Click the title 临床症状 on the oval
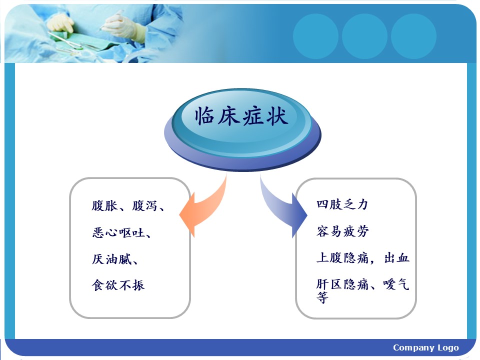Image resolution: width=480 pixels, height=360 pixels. coord(241,116)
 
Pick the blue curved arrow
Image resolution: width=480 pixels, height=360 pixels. coord(281,208)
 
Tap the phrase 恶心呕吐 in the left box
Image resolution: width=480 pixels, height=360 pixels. coord(118,232)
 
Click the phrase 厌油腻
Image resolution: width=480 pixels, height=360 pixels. coord(111,259)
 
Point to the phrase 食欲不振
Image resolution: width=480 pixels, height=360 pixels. coord(118,285)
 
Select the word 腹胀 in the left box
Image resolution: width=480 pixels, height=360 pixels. coord(104,205)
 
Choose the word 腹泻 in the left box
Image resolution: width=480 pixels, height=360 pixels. coord(145,205)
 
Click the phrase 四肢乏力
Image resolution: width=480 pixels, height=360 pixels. coord(342,204)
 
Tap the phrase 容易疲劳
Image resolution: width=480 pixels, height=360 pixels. coord(342,231)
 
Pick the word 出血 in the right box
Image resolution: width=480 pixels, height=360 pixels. coord(396,258)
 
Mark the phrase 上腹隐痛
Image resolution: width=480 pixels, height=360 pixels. coord(342,258)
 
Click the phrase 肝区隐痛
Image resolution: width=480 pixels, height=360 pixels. coord(342,284)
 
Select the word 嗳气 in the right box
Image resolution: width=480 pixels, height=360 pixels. coord(396,284)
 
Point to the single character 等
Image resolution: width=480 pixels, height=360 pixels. coord(322,297)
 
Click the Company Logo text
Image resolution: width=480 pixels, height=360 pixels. coord(426,347)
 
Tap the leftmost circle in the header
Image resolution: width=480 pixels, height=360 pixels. coord(315,36)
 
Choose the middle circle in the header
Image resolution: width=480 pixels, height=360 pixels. coord(364,36)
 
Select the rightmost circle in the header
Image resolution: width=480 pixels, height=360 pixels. coord(413,36)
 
